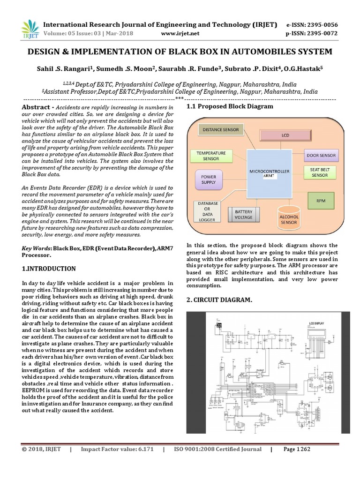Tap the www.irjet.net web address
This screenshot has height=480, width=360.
pos(180,33)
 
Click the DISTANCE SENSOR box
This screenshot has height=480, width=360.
pos(221,130)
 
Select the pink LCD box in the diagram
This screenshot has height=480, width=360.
pos(285,135)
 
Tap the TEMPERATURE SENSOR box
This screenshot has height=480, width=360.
pos(211,156)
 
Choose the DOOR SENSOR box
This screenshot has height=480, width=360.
pos(321,155)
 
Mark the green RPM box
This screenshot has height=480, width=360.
pos(321,202)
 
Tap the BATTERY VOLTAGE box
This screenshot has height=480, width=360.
pos(243,215)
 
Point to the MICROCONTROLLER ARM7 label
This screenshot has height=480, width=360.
pos(269,173)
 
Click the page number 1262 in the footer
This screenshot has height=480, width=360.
pos(297,450)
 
